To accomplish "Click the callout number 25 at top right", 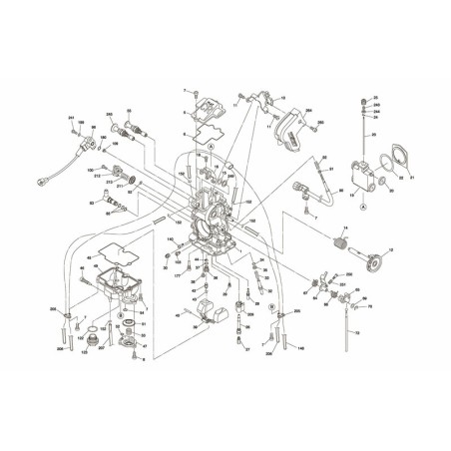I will pyautogui.click(x=376, y=98).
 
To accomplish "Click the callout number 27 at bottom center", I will pyautogui.click(x=246, y=350).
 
